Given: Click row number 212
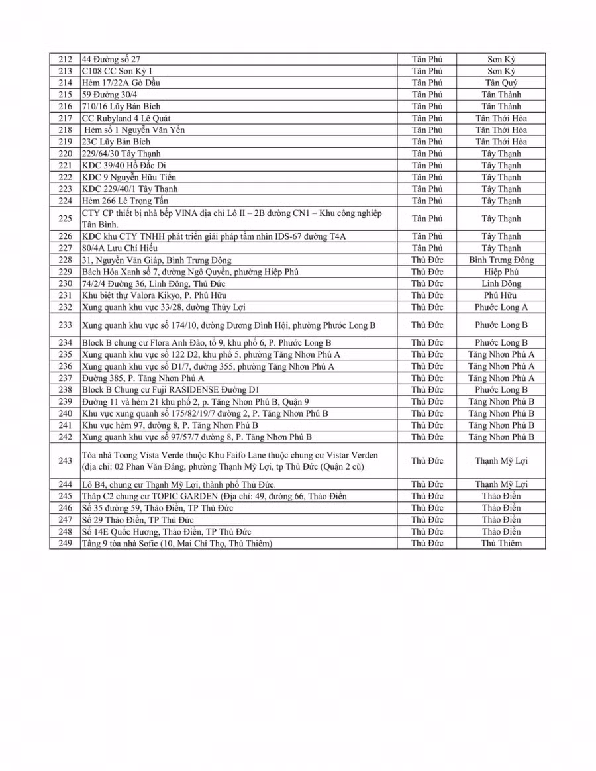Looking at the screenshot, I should coord(65,59).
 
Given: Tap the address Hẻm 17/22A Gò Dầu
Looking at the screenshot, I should coord(121,83).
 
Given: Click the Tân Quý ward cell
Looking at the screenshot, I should coord(501,83).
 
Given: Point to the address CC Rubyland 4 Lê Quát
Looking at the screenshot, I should coord(126,118).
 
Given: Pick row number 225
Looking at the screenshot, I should coord(65,219).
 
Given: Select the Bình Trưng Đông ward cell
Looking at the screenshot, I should coord(501,260).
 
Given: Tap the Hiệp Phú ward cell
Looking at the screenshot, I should coord(501,272).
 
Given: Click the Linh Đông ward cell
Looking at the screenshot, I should coord(501,283).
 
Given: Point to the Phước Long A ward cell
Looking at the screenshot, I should coord(501,307).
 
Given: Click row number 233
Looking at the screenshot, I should coord(65,325).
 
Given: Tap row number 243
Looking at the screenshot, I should coord(65,460).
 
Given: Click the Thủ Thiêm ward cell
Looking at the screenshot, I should coord(501,543).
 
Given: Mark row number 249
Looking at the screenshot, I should coord(65,543).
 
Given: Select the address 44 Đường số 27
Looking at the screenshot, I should coord(111,59).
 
